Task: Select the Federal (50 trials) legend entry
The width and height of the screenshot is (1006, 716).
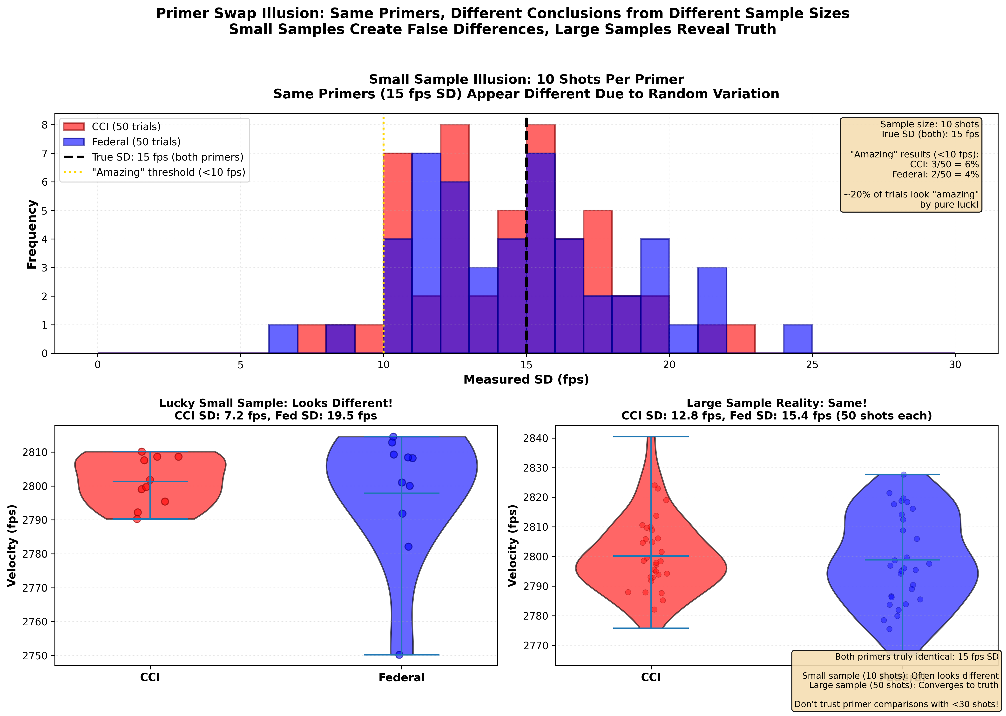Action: coord(136,142)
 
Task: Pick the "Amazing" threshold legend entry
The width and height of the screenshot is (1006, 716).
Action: coord(169,172)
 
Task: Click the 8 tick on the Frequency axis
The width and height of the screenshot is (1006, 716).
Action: coord(45,125)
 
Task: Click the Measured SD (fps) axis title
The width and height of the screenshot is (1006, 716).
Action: coord(526,380)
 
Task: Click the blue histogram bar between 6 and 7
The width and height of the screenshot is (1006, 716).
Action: coord(283,339)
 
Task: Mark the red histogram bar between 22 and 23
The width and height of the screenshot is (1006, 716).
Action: coord(741,339)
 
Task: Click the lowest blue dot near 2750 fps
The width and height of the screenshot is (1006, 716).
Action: coord(399,655)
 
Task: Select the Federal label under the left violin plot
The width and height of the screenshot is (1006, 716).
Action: coord(401,678)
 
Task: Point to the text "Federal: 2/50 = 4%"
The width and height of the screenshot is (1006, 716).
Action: coord(935,175)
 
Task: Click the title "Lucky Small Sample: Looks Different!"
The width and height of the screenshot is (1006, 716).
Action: coord(276,403)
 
